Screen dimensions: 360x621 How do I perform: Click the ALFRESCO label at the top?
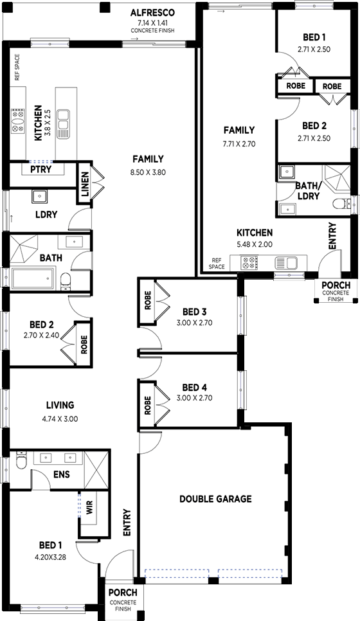click(152, 13)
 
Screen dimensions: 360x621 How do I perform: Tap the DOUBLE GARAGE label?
click(215, 499)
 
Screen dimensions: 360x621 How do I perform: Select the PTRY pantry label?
click(41, 170)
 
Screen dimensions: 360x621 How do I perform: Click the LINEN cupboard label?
click(85, 185)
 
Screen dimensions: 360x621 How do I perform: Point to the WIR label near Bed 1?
click(89, 509)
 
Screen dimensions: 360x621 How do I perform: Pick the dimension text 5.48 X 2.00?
click(255, 244)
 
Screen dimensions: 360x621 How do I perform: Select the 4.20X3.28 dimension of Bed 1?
click(50, 557)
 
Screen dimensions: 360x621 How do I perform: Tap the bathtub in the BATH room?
click(32, 278)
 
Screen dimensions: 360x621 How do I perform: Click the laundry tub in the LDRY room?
click(39, 196)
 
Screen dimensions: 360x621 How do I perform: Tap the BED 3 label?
click(194, 312)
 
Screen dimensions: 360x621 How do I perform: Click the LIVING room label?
click(60, 405)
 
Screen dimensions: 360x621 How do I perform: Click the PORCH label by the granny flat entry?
click(336, 285)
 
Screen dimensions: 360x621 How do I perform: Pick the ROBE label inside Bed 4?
click(148, 405)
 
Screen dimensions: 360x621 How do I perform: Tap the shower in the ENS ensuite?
click(96, 469)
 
